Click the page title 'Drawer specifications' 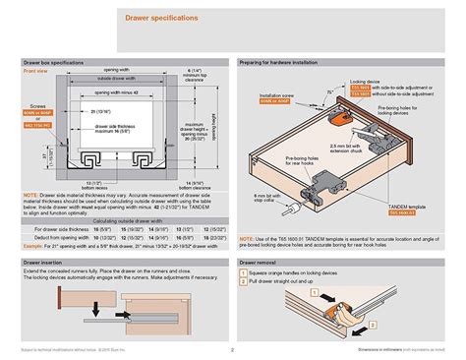click(160, 18)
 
